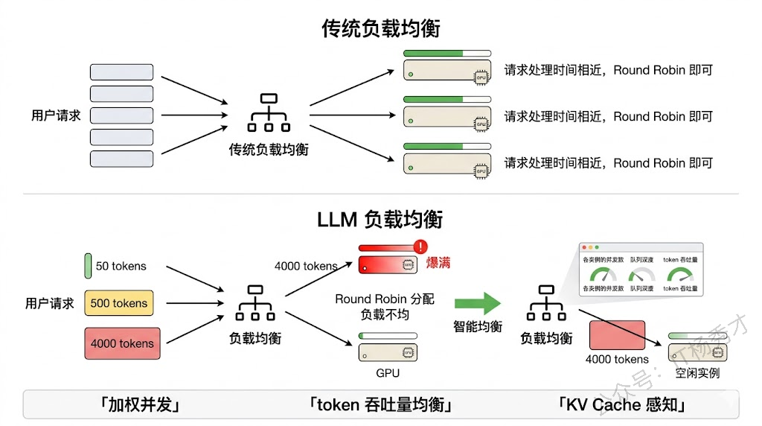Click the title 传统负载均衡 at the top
tap(380, 28)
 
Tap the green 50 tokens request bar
tap(89, 266)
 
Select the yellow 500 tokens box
tap(119, 303)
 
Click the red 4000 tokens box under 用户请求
tap(122, 343)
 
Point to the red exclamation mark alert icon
tap(422, 247)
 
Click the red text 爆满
tap(438, 264)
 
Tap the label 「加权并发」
tap(141, 404)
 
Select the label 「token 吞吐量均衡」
tap(380, 404)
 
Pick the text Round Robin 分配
tap(384, 299)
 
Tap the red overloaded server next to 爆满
tap(387, 264)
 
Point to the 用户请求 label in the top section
tap(56, 115)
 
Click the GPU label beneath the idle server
tap(387, 372)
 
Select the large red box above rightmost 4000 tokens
tap(617, 334)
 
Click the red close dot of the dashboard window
tap(585, 247)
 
